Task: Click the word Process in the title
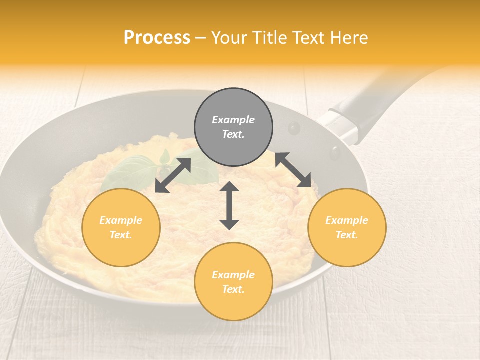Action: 157,38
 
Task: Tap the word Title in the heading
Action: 269,38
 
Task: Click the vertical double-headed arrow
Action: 229,205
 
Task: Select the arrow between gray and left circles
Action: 173,175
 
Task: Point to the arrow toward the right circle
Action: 293,170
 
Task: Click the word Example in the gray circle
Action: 233,120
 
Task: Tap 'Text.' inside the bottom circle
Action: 233,289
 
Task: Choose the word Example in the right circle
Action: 347,220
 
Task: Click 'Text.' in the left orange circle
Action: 121,235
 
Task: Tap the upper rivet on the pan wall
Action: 294,128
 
